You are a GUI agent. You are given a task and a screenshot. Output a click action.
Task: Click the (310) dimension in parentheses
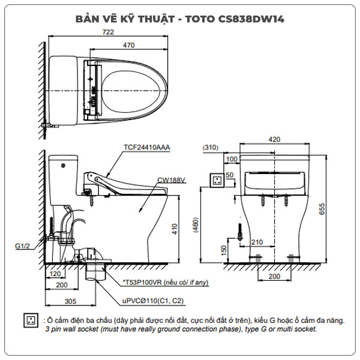coord(210,147)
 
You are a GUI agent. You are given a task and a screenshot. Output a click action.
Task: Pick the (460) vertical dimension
coord(194,225)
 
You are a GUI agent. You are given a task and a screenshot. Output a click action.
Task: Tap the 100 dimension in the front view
coord(232,159)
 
